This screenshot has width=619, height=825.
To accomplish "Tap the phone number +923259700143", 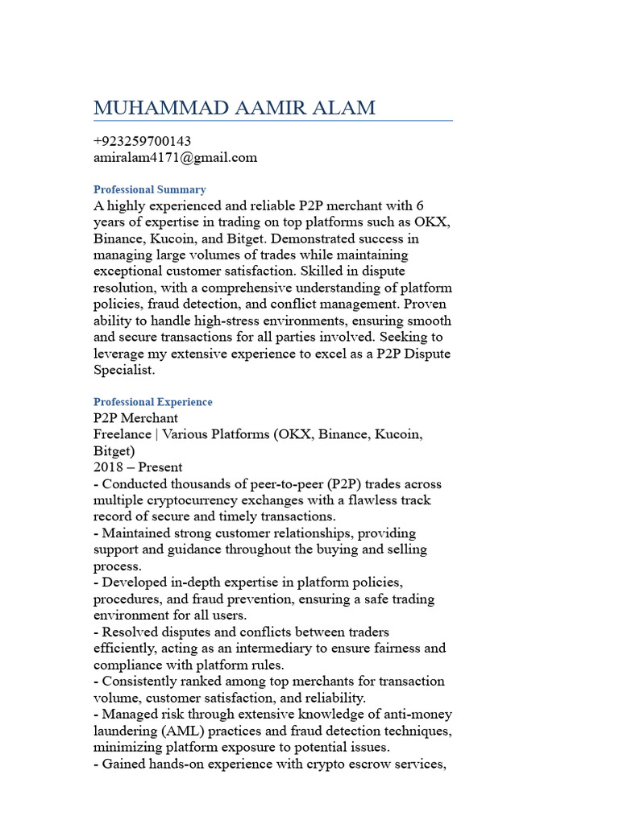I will point(143,141).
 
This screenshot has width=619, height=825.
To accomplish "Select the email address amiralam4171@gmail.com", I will point(176,157).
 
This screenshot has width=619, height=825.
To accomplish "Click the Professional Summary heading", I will point(150,189).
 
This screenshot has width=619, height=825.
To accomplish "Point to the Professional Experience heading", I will point(153,401).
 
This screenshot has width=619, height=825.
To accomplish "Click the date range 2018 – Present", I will point(138,467).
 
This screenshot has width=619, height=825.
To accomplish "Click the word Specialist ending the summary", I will point(126,370).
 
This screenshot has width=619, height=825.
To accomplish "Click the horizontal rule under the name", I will point(273,121).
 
